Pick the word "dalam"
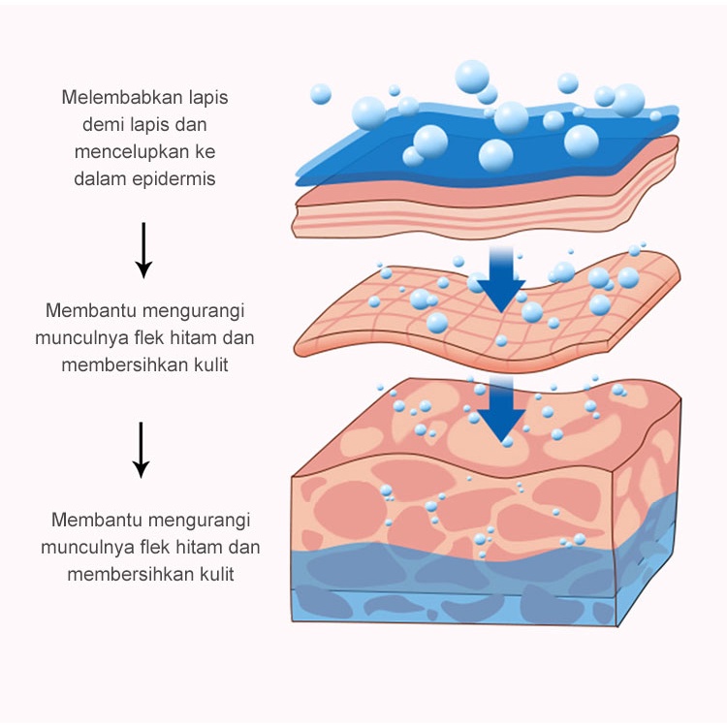click(x=98, y=178)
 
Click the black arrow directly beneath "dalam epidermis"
click(x=143, y=249)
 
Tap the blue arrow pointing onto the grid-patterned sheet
click(x=500, y=277)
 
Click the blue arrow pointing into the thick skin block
click(x=500, y=413)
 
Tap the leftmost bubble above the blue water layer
click(x=321, y=94)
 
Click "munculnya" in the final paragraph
click(x=81, y=547)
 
